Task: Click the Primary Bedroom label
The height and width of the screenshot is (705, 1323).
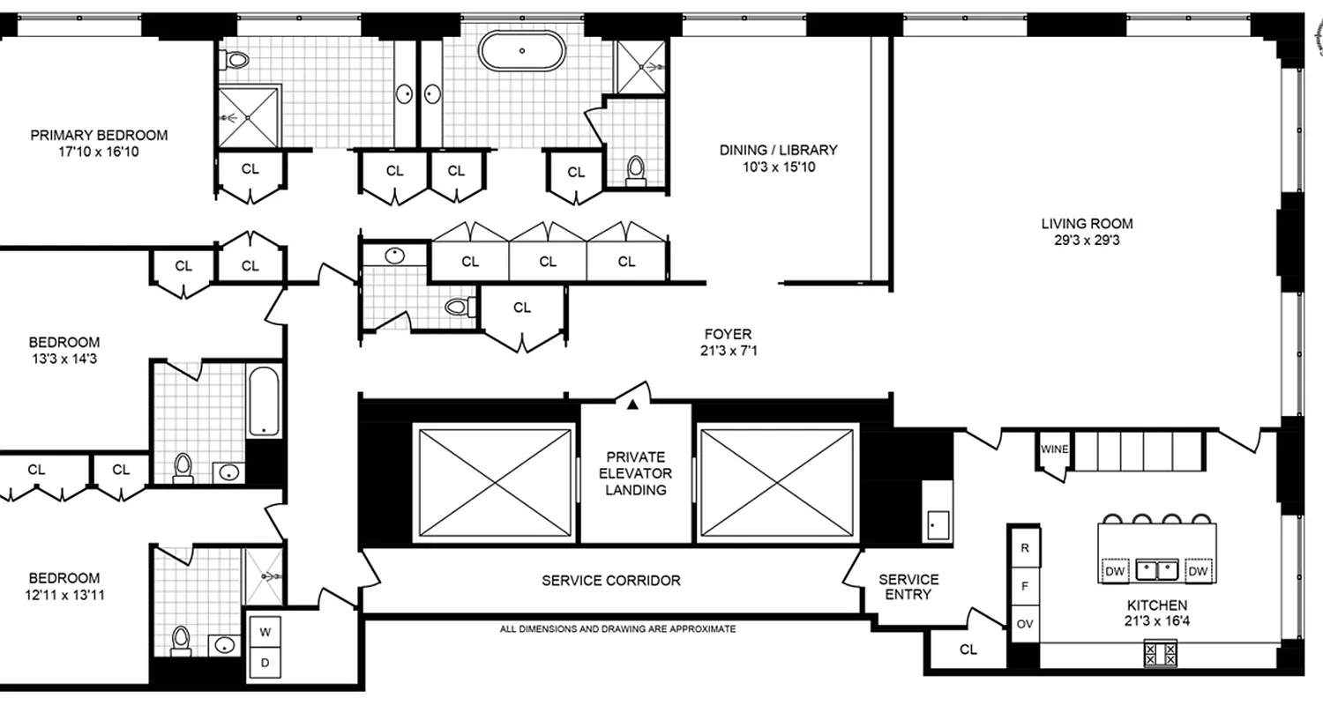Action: pos(99,136)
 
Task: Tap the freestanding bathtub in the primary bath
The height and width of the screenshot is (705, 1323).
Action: pos(521,50)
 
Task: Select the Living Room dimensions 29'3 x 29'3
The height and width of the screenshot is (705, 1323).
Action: pos(1087,240)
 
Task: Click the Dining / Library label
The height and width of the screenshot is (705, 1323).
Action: pos(778,150)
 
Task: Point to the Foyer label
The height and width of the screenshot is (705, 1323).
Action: pos(728,334)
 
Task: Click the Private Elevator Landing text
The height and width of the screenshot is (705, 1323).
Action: pos(636,473)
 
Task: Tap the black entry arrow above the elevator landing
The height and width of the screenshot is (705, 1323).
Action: pos(632,404)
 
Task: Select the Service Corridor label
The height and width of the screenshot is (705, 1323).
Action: pos(610,581)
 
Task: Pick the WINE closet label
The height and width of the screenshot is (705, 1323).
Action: pos(1054,449)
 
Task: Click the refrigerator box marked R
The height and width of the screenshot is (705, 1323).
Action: pos(1025,547)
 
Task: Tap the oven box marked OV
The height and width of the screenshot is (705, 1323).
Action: pos(1025,624)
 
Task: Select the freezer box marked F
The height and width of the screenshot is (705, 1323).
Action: pos(1025,585)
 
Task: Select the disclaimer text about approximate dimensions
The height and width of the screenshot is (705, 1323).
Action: pos(617,629)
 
